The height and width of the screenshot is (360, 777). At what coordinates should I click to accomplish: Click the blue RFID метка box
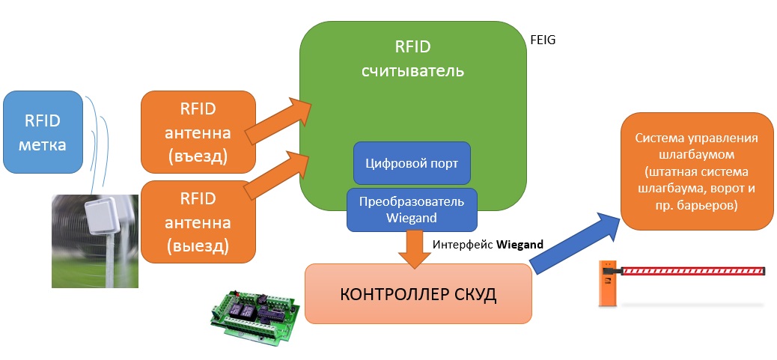point(42,132)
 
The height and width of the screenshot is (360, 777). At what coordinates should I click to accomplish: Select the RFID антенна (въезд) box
point(198,133)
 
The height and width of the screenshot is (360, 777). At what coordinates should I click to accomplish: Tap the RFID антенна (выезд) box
point(198,222)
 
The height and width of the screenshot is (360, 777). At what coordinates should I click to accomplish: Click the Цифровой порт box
point(412,162)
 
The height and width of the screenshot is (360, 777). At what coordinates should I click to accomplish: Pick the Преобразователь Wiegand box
point(412,210)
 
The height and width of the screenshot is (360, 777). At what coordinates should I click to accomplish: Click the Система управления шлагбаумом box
point(696,172)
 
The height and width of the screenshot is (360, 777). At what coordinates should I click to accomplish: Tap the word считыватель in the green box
point(413,72)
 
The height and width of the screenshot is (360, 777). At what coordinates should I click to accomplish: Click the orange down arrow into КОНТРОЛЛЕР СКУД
point(412,248)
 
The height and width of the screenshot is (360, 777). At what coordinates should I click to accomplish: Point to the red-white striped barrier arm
point(692,270)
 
